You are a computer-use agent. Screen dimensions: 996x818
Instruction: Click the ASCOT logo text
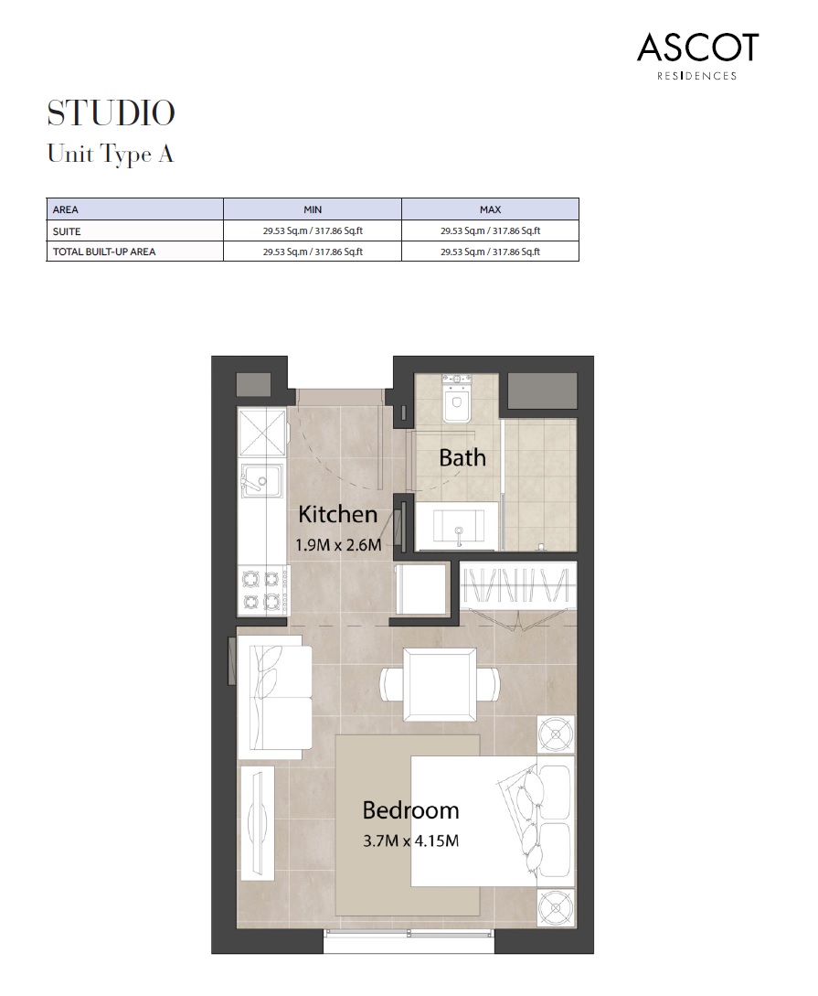tap(697, 48)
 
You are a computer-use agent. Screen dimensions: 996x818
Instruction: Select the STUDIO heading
tap(111, 113)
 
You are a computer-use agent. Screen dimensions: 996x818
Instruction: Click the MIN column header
tap(313, 209)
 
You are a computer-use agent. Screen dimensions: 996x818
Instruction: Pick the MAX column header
tap(490, 209)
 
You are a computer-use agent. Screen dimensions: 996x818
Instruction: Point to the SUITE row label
tap(67, 231)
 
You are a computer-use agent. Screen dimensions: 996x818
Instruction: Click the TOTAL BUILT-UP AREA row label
tap(104, 252)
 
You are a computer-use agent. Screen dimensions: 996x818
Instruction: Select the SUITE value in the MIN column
tap(313, 231)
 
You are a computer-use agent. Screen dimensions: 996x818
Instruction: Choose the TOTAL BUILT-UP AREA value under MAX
tap(490, 252)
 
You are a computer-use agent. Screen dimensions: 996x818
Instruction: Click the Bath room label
tap(462, 457)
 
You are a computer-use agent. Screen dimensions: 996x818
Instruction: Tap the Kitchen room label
tap(337, 514)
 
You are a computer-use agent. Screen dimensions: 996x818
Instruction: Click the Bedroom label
tap(410, 810)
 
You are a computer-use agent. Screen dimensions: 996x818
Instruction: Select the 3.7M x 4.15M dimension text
tap(410, 840)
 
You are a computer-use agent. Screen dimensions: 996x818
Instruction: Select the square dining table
tap(440, 684)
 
